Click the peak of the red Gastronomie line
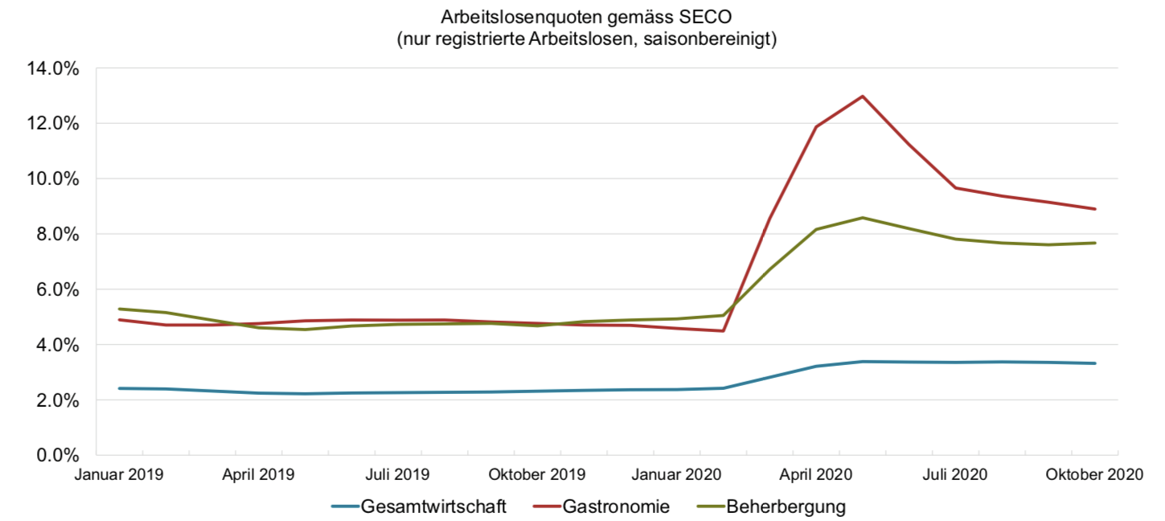pyautogui.click(x=863, y=96)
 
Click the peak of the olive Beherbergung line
pyautogui.click(x=863, y=218)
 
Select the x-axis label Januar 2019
pyautogui.click(x=119, y=474)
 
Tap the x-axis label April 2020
pyautogui.click(x=817, y=474)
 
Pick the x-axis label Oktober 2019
pyautogui.click(x=538, y=474)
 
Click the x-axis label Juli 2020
pyautogui.click(x=956, y=474)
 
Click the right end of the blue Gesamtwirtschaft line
pyautogui.click(x=1095, y=363)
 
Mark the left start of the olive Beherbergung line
pyautogui.click(x=120, y=309)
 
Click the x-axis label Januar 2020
pyautogui.click(x=677, y=474)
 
